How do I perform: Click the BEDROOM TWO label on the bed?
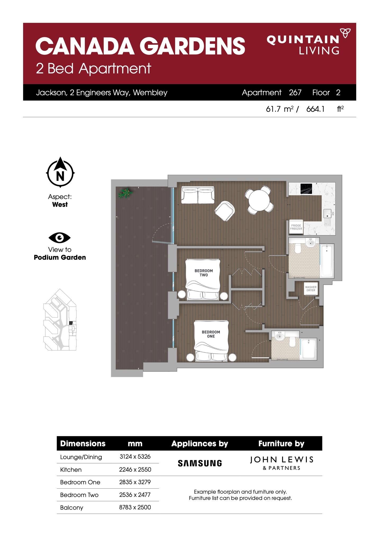pyautogui.click(x=204, y=273)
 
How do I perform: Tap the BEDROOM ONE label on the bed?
pyautogui.click(x=211, y=334)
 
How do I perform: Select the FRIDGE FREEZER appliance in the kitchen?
pyautogui.click(x=296, y=227)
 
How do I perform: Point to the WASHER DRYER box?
pyautogui.click(x=311, y=289)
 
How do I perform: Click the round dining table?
pyautogui.click(x=259, y=200)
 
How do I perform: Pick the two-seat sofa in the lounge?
pyautogui.click(x=198, y=195)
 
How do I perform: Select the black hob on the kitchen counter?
pyautogui.click(x=306, y=189)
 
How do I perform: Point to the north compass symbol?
pyautogui.click(x=60, y=172)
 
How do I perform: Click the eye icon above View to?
pyautogui.click(x=60, y=238)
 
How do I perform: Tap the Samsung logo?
pyautogui.click(x=200, y=463)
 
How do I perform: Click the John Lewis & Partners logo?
pyautogui.click(x=282, y=463)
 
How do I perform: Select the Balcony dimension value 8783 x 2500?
pyautogui.click(x=135, y=507)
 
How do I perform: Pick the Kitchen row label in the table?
pyautogui.click(x=71, y=470)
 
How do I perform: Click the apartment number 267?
pyautogui.click(x=295, y=92)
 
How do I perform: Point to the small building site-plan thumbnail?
pyautogui.click(x=60, y=319)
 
